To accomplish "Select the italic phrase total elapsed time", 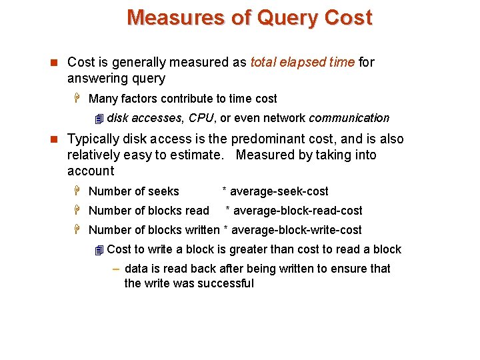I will point(303,63).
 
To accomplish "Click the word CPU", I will point(201,118).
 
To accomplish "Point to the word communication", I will point(349,118).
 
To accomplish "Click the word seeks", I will point(164,191).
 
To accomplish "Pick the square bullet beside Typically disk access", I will point(54,139).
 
